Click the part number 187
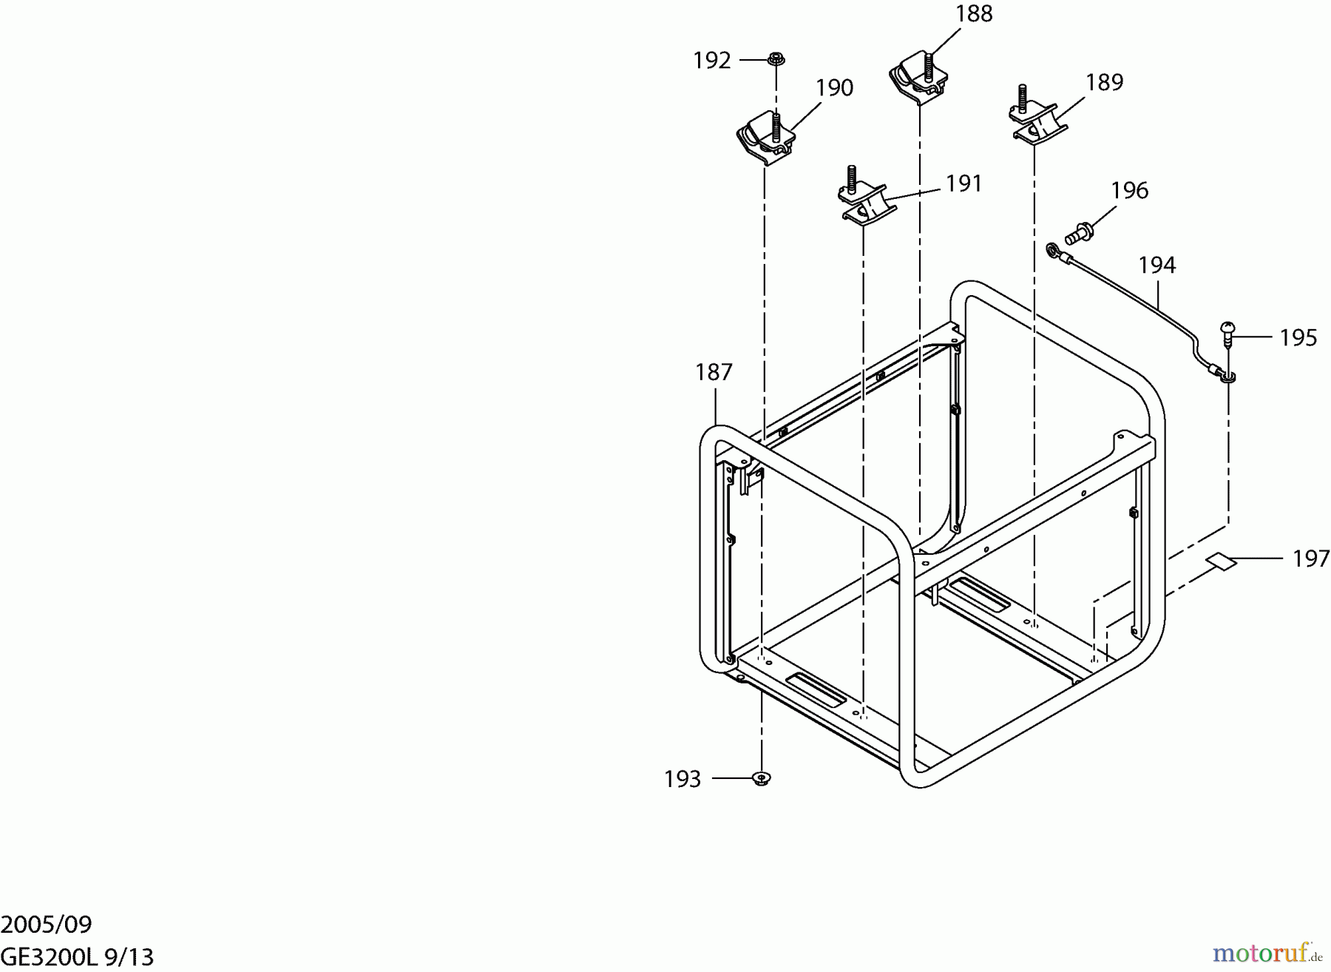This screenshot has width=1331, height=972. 714,372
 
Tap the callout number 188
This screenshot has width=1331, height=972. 974,14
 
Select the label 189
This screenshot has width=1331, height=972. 1105,82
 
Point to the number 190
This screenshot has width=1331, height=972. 835,88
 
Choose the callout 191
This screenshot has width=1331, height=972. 964,183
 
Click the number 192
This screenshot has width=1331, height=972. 712,61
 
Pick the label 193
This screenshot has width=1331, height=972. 683,779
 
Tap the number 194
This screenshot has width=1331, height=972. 1157,265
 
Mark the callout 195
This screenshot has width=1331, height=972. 1298,338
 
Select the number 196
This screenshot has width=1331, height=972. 1130,191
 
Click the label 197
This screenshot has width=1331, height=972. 1311,558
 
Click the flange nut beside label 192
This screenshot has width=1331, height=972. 776,58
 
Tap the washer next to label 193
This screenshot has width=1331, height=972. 762,778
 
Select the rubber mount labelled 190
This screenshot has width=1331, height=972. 765,138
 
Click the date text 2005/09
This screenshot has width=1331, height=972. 47,925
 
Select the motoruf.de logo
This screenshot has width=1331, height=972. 1267,953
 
